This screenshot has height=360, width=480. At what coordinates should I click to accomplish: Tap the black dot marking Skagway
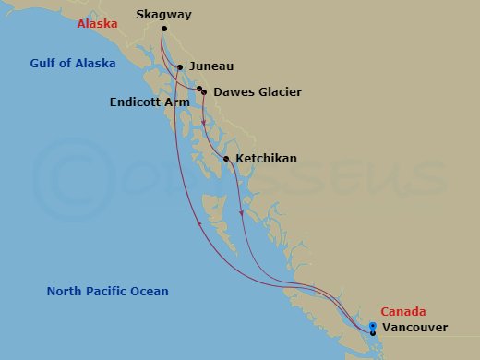click(x=164, y=30)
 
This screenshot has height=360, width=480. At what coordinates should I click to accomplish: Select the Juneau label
click(x=211, y=67)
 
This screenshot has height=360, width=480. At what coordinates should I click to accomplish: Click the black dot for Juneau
click(x=180, y=67)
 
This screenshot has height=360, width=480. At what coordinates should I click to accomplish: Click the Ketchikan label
click(x=266, y=159)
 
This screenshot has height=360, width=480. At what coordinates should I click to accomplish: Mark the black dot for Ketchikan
click(x=226, y=159)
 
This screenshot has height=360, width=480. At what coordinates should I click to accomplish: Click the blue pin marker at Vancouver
click(x=372, y=326)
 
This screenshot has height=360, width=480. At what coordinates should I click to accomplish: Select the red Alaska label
click(x=97, y=24)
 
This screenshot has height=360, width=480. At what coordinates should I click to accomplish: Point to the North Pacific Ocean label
click(x=107, y=292)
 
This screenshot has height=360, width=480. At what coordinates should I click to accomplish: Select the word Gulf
click(x=41, y=64)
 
